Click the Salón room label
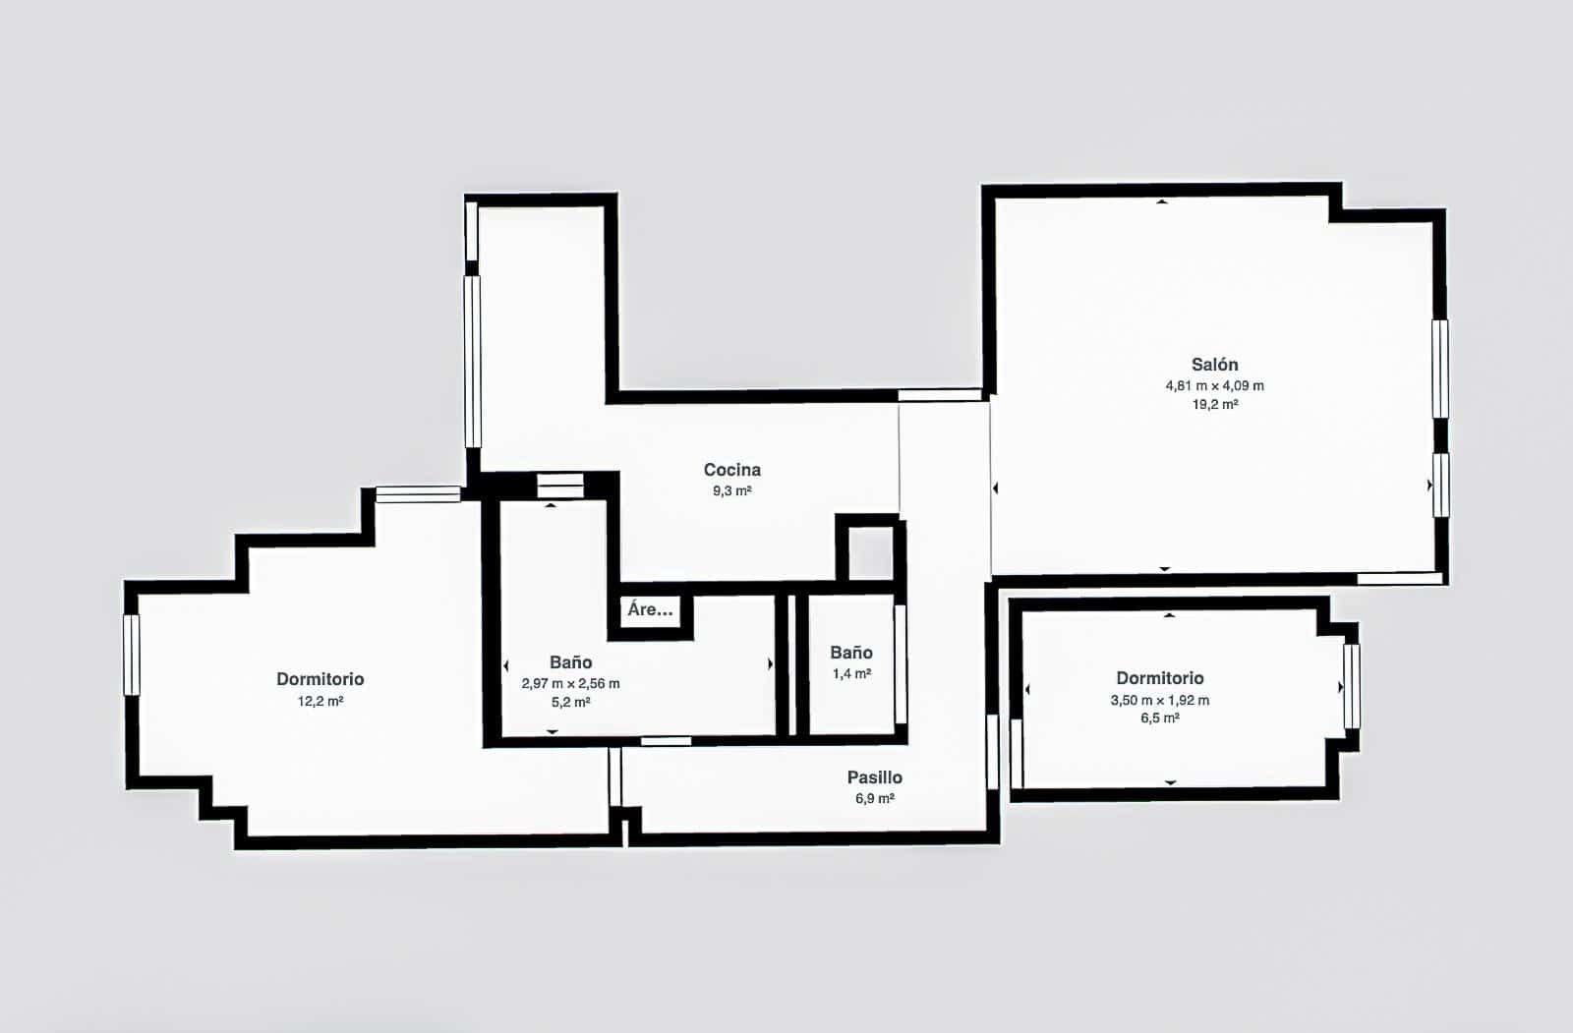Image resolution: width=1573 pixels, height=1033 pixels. [x=1214, y=365]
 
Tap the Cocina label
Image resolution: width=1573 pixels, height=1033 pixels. [x=731, y=470]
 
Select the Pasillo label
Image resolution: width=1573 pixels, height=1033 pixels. [x=874, y=777]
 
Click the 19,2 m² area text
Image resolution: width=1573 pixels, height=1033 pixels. [x=1214, y=404]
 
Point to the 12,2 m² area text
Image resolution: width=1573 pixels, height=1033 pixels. [x=320, y=702]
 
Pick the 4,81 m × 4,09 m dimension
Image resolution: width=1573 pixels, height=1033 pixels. [x=1214, y=385]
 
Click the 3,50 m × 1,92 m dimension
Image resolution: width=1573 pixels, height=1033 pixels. [x=1159, y=700]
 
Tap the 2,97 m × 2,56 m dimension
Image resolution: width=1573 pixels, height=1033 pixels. [x=570, y=683]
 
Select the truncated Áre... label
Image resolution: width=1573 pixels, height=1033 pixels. [x=650, y=609]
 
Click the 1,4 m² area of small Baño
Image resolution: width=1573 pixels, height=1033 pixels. [x=850, y=674]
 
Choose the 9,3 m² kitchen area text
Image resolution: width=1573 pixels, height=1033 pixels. [x=731, y=490]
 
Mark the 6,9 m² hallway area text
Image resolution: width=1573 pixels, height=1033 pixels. [x=874, y=798]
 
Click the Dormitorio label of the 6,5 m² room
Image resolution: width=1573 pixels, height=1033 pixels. [x=1159, y=678]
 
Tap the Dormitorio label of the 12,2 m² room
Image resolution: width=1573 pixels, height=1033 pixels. [x=320, y=679]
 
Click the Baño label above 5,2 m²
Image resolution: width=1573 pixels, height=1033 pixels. [x=570, y=662]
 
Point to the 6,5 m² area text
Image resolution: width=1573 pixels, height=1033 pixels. [x=1159, y=718]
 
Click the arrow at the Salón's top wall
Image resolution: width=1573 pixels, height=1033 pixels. [x=1162, y=201]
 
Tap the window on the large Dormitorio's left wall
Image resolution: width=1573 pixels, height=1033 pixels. [x=132, y=655]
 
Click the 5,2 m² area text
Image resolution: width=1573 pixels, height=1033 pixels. [x=570, y=703]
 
